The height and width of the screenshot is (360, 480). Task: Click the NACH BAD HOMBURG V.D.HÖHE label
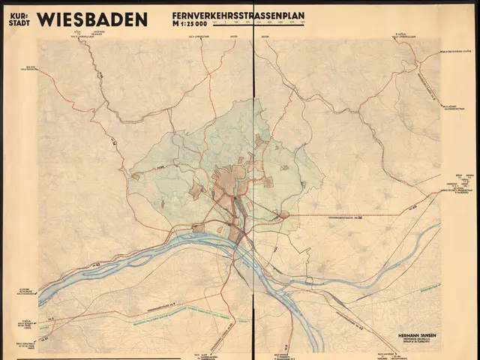tap(454, 51)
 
